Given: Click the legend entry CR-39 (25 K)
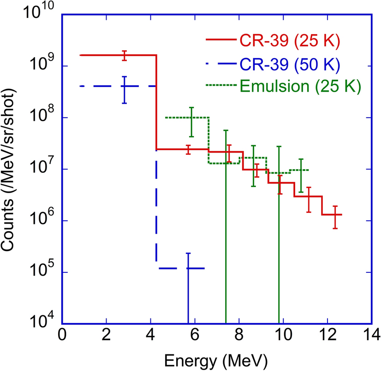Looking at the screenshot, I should click(x=290, y=41).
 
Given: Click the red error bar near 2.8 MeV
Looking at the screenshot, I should click(x=124, y=55).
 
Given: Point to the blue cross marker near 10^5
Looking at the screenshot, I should click(x=188, y=268).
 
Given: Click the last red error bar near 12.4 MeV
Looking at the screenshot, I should click(x=335, y=217).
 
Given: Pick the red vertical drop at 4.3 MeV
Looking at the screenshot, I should click(x=156, y=101).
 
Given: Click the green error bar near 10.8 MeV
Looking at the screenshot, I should click(x=301, y=175).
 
